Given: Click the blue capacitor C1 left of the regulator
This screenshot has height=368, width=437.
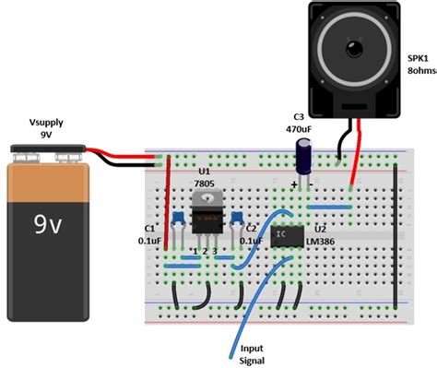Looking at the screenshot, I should (x=173, y=218).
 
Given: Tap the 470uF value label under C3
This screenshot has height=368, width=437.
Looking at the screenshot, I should (x=299, y=129).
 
